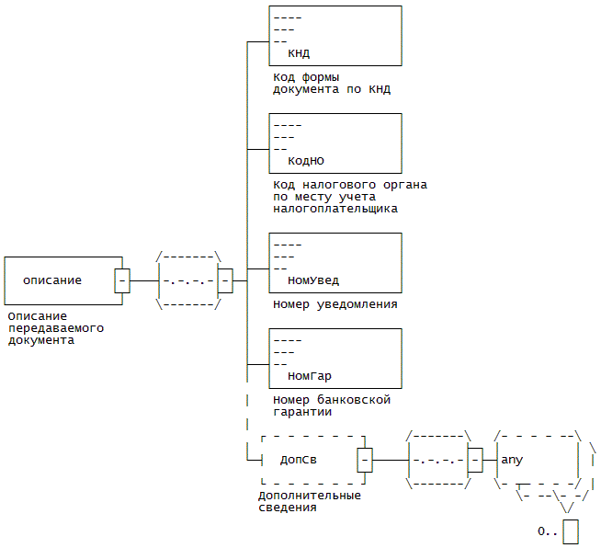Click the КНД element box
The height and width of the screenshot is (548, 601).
335,35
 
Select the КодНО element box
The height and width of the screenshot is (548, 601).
335,143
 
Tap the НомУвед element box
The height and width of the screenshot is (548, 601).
335,262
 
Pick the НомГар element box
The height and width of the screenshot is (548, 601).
335,358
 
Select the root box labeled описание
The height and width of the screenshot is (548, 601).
62,280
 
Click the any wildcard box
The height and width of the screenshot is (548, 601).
537,459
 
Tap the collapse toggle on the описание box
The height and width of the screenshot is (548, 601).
122,280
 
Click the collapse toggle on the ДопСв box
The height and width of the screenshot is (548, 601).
365,459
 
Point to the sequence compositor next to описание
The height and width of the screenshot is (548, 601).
188,280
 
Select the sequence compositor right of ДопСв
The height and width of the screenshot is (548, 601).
438,459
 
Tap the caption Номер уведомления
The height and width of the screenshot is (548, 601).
335,304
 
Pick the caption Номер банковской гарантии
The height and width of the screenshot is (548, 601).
332,406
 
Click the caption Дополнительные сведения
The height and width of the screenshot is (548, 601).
309,501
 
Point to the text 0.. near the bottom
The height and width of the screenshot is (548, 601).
548,531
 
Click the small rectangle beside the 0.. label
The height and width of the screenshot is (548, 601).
571,531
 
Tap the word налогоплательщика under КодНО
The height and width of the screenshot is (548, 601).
335,209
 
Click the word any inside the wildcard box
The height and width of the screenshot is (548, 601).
512,459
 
